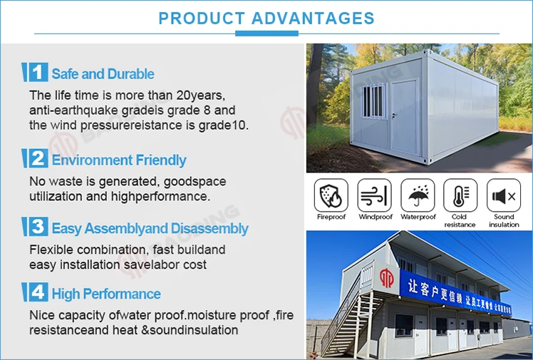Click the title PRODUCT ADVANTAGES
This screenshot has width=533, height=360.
pyautogui.click(x=266, y=18)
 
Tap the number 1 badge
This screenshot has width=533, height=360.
pyautogui.click(x=36, y=73)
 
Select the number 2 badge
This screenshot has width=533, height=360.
pyautogui.click(x=36, y=159)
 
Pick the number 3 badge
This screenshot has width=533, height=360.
pyautogui.click(x=36, y=227)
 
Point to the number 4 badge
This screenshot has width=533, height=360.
pyautogui.click(x=36, y=293)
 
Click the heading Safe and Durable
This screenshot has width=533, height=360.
pyautogui.click(x=103, y=74)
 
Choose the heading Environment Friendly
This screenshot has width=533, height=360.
pyautogui.click(x=119, y=160)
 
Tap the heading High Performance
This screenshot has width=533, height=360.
pyautogui.click(x=106, y=294)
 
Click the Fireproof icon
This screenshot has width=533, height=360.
pyautogui.click(x=331, y=195)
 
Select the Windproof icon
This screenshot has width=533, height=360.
pyautogui.click(x=374, y=195)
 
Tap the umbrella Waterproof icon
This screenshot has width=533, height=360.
pyautogui.click(x=418, y=195)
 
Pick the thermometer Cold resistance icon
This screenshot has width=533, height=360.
pyautogui.click(x=460, y=195)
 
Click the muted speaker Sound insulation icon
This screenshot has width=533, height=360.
pyautogui.click(x=504, y=195)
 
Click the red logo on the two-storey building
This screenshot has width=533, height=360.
pyautogui.click(x=386, y=278)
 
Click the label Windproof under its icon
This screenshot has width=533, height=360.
pyautogui.click(x=374, y=217)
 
